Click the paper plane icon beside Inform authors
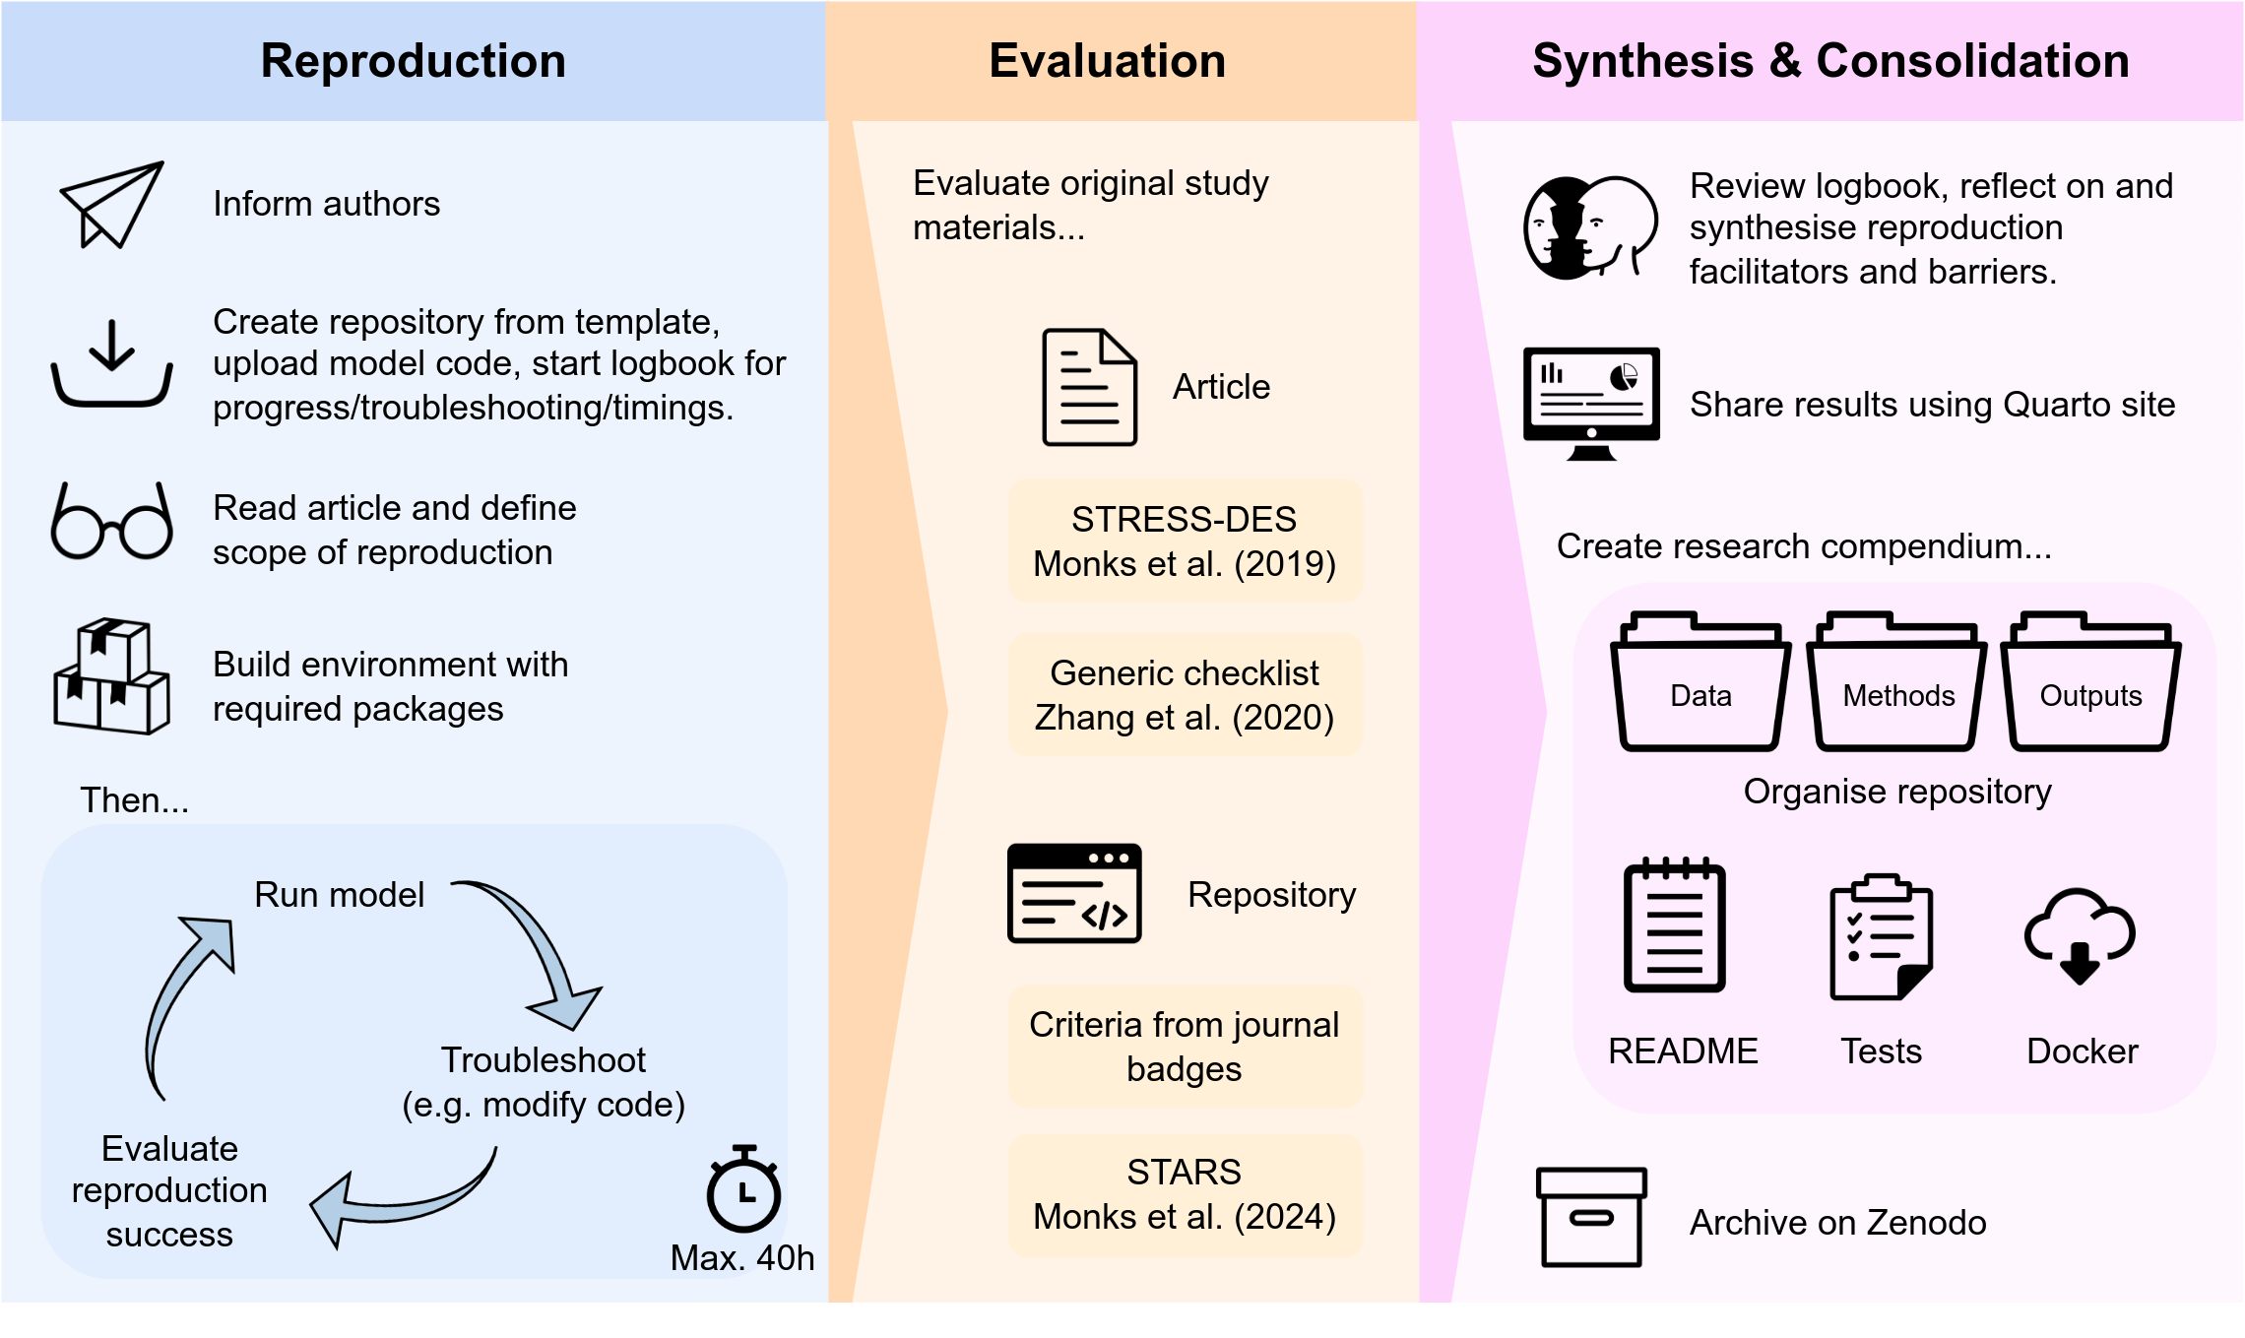111,204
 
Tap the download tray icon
111,364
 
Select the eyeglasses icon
111,522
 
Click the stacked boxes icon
111,676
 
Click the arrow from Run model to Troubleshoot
537,950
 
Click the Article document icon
1089,387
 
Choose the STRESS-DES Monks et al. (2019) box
1185,542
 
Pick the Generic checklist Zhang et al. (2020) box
1185,695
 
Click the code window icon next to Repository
1074,893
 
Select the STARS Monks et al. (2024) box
1185,1194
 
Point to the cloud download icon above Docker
2080,935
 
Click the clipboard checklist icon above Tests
1881,937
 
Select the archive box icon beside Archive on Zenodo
1591,1217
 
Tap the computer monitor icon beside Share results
1591,402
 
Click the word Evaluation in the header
1107,61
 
